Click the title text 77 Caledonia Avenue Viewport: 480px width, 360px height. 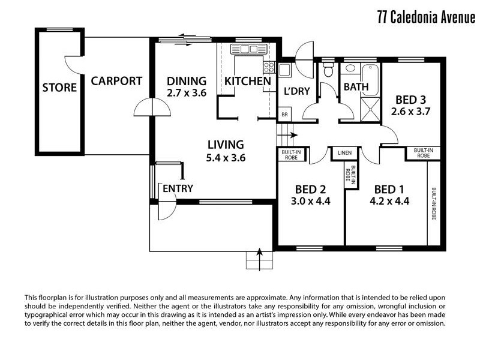click(x=426, y=16)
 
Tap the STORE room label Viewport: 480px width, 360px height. click(x=59, y=88)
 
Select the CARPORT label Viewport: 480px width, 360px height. click(x=116, y=81)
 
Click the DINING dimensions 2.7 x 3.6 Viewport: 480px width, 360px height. click(x=187, y=93)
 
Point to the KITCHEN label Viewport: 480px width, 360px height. click(x=247, y=81)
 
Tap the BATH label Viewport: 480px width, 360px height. click(x=356, y=87)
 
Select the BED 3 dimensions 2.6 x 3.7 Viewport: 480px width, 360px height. click(x=411, y=111)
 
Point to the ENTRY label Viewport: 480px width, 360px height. click(x=178, y=188)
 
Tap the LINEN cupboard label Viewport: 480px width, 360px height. click(x=344, y=153)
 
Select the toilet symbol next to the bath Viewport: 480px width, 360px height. click(x=328, y=70)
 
